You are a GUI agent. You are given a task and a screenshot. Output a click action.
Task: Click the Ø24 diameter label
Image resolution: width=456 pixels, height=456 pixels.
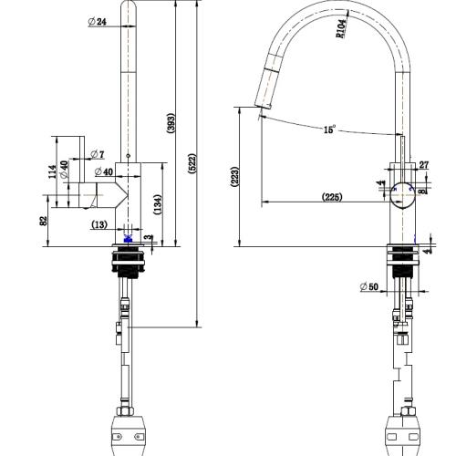tap(98, 22)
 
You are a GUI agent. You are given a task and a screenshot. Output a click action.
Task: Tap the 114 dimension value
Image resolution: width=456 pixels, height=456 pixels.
tap(54, 171)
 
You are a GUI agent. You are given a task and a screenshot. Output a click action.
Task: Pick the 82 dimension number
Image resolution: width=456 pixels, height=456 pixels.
tap(43, 220)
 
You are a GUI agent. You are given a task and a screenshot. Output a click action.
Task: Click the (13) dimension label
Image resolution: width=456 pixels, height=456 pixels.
tap(98, 225)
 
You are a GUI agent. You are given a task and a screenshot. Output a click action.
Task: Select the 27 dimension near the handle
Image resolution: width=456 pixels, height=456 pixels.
tap(423, 165)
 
